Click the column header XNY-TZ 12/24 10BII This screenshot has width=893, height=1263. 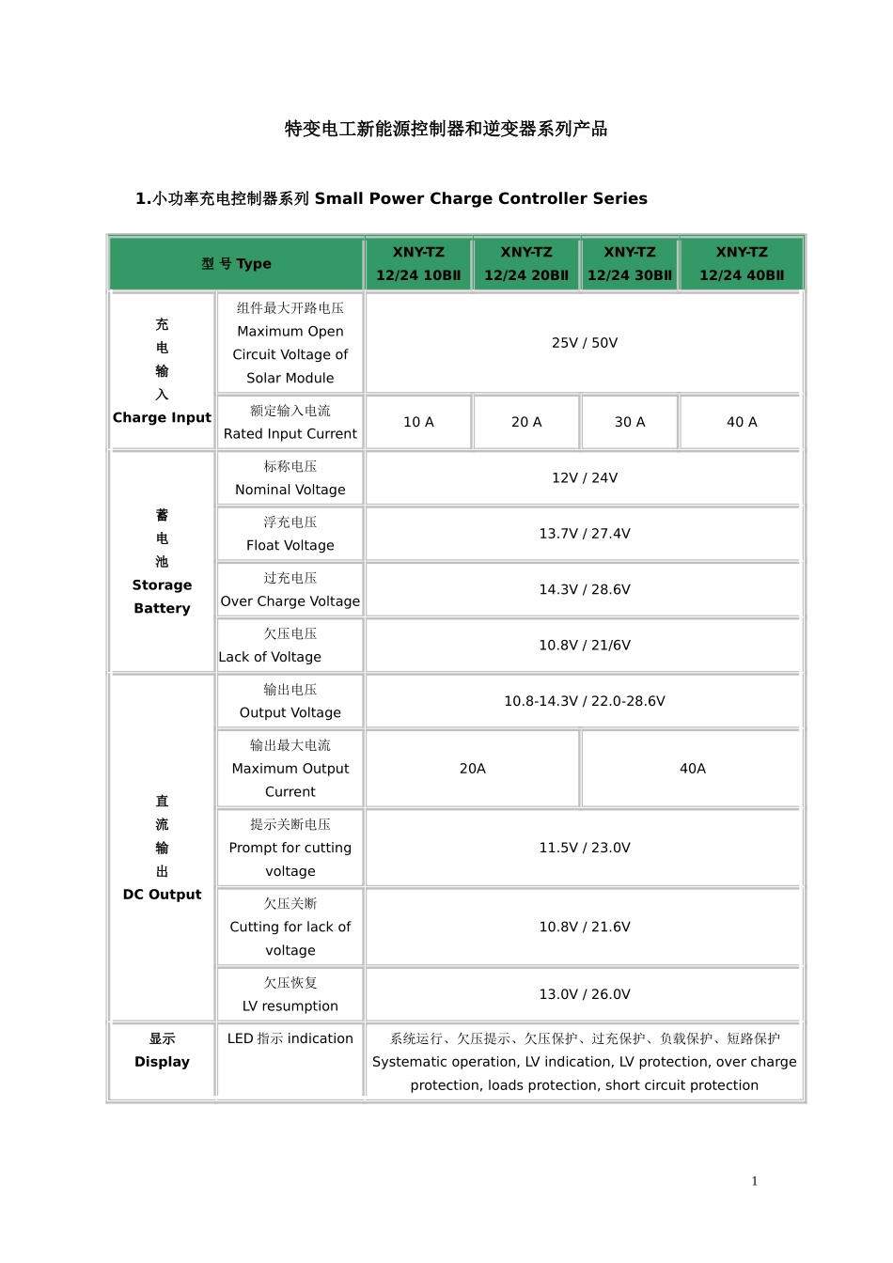pos(418,264)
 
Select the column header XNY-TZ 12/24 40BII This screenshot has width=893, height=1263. pos(742,264)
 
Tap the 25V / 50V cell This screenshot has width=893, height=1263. pos(585,343)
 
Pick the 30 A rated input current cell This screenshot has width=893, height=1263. pos(630,422)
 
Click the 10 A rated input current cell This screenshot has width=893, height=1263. pos(418,422)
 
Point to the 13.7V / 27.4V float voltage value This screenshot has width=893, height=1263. pos(585,534)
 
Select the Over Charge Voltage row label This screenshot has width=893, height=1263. pos(290,590)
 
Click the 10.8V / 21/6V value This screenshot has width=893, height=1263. pos(585,646)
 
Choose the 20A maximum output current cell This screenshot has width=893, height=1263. pos(473,769)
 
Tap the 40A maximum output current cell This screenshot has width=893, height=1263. pos(693,769)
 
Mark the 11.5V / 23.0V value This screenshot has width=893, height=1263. pos(585,848)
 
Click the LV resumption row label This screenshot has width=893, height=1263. pos(290,995)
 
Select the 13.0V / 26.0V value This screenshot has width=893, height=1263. pos(585,994)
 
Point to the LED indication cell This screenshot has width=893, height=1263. pos(290,1038)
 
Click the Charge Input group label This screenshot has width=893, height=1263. pos(162,417)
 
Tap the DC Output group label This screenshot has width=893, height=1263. pos(162,895)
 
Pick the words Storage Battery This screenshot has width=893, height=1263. pos(162,597)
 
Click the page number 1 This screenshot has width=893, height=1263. pos(754,1181)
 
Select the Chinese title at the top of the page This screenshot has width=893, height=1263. pos(446,129)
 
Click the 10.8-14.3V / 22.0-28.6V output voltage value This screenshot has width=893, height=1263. pos(585,701)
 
